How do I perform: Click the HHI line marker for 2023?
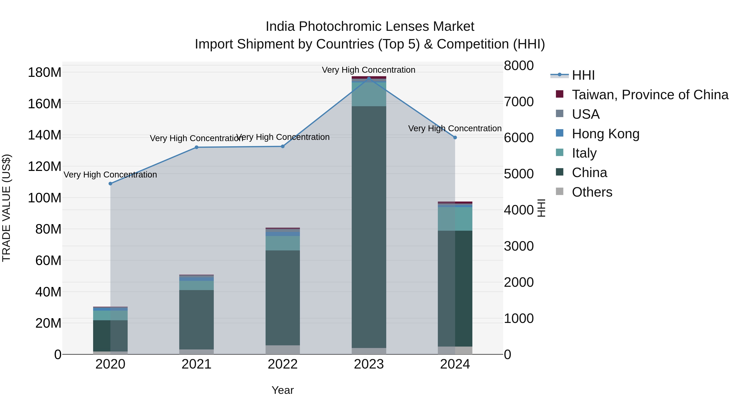pyautogui.click(x=369, y=78)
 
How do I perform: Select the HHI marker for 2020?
pyautogui.click(x=110, y=183)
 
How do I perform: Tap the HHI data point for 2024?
pyautogui.click(x=455, y=137)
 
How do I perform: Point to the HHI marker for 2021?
pyautogui.click(x=197, y=147)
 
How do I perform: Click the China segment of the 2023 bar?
pyautogui.click(x=369, y=227)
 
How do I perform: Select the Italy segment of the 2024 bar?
pyautogui.click(x=455, y=219)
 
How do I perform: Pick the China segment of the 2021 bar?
pyautogui.click(x=197, y=319)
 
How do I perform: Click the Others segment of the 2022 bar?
pyautogui.click(x=283, y=350)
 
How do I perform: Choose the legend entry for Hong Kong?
pyautogui.click(x=605, y=134)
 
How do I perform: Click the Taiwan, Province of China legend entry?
pyautogui.click(x=650, y=95)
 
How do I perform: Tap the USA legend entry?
pyautogui.click(x=585, y=114)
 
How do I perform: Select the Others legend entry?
pyautogui.click(x=592, y=192)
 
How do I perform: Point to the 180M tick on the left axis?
pyautogui.click(x=45, y=72)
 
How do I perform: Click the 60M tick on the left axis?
pyautogui.click(x=48, y=261)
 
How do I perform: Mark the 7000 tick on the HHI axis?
pyautogui.click(x=519, y=102)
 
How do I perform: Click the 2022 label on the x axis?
pyautogui.click(x=283, y=364)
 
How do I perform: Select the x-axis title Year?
pyautogui.click(x=283, y=390)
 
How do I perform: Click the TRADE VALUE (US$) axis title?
pyautogui.click(x=6, y=208)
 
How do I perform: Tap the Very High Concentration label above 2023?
pyautogui.click(x=369, y=70)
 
